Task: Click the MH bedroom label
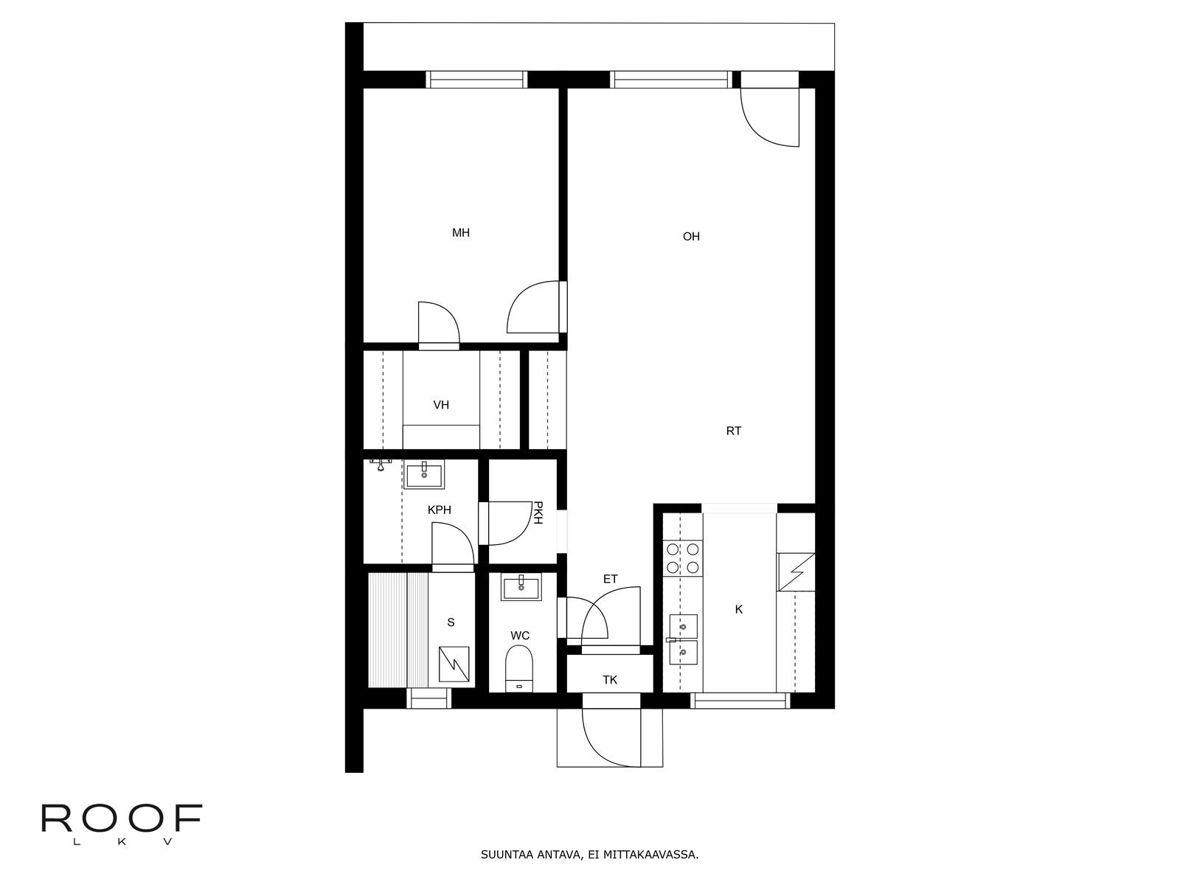(461, 232)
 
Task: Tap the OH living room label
(691, 237)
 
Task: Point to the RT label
(733, 431)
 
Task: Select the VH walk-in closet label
(441, 405)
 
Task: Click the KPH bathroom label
(440, 510)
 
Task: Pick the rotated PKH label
(538, 513)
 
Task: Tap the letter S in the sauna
(451, 622)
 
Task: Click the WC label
(520, 636)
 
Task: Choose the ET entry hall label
(610, 579)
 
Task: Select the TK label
(610, 680)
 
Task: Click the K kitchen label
(739, 609)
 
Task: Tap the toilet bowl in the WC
(519, 669)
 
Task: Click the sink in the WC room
(521, 587)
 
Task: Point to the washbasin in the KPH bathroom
(424, 474)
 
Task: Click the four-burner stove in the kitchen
(683, 558)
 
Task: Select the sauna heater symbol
(454, 664)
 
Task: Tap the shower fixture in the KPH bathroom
(381, 464)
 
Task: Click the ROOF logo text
(122, 819)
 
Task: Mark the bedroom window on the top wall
(477, 80)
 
